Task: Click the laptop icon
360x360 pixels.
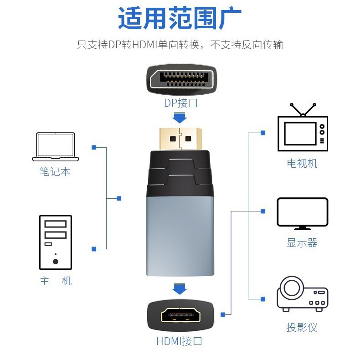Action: [x=56, y=146]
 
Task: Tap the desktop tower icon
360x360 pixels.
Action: [x=56, y=242]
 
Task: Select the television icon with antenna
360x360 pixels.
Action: [x=303, y=127]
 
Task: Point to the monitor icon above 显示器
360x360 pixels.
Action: [x=303, y=214]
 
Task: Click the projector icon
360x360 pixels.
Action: [x=303, y=293]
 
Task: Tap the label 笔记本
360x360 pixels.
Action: [x=55, y=171]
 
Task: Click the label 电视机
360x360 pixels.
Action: [x=302, y=164]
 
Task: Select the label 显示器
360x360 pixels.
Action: [x=302, y=243]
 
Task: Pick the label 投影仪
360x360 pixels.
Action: [x=302, y=327]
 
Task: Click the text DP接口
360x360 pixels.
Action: [x=181, y=103]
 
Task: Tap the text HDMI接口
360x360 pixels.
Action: [x=179, y=341]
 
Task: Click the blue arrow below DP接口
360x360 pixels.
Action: [x=180, y=118]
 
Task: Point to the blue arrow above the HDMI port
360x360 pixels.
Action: [x=180, y=289]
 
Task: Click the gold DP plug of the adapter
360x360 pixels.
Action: [x=180, y=139]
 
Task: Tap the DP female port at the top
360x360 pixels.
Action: [x=181, y=79]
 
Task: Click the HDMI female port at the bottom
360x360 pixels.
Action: [x=180, y=314]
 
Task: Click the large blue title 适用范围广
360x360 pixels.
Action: [x=180, y=18]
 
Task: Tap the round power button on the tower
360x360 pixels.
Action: [x=56, y=262]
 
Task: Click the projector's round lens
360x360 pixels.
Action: [x=292, y=288]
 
